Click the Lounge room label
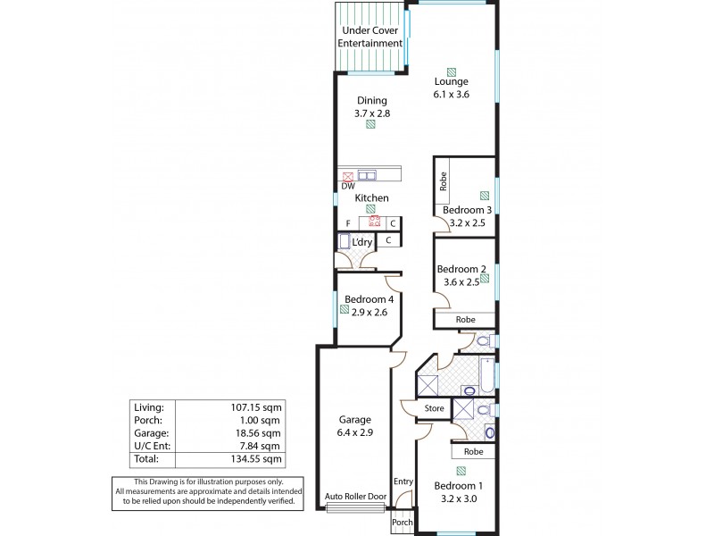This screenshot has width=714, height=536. pyautogui.click(x=451, y=81)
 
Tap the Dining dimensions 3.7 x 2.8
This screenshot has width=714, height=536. pyautogui.click(x=371, y=113)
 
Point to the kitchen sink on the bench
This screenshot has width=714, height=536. pyautogui.click(x=369, y=176)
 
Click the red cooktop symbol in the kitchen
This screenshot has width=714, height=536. pyautogui.click(x=375, y=223)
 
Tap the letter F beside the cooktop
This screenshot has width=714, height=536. pyautogui.click(x=347, y=223)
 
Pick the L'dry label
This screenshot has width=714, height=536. pyautogui.click(x=362, y=242)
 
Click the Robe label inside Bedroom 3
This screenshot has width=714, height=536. pyautogui.click(x=443, y=182)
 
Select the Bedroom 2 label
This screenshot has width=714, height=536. pyautogui.click(x=461, y=269)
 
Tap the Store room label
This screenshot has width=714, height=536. pyautogui.click(x=434, y=409)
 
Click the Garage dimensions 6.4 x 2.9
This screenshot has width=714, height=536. pyautogui.click(x=354, y=432)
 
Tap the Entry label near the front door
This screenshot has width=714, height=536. pyautogui.click(x=403, y=482)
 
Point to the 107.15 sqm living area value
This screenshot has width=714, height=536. pyautogui.click(x=256, y=406)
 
